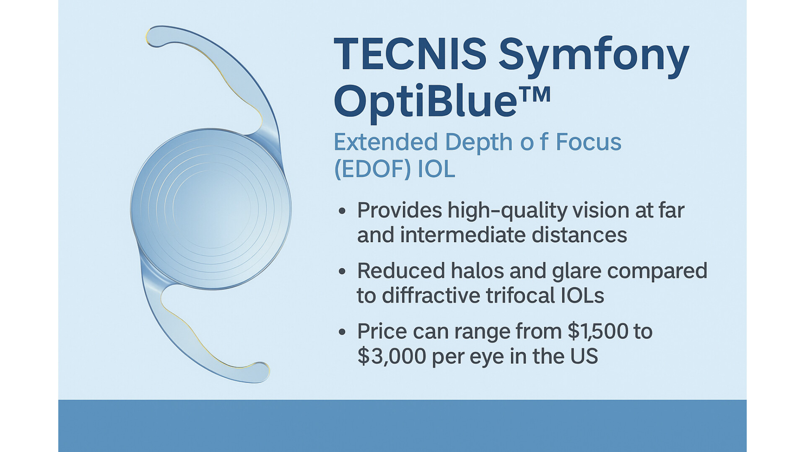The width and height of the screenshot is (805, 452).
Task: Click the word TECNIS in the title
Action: tap(410, 54)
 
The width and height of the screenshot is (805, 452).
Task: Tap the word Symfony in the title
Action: tap(594, 58)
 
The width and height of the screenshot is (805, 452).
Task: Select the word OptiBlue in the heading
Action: tap(425, 102)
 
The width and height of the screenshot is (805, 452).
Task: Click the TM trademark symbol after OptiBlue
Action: tap(534, 94)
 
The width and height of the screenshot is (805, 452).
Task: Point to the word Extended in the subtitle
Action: tap(385, 142)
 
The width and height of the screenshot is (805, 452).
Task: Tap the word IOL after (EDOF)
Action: tap(436, 169)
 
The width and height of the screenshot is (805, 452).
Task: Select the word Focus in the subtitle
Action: tap(588, 142)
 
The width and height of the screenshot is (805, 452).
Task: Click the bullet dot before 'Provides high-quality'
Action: tap(342, 211)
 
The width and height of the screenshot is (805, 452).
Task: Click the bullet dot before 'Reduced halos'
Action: tap(342, 271)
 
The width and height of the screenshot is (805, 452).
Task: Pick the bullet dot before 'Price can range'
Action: tap(342, 332)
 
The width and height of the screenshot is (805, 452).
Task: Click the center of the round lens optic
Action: tap(211, 209)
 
